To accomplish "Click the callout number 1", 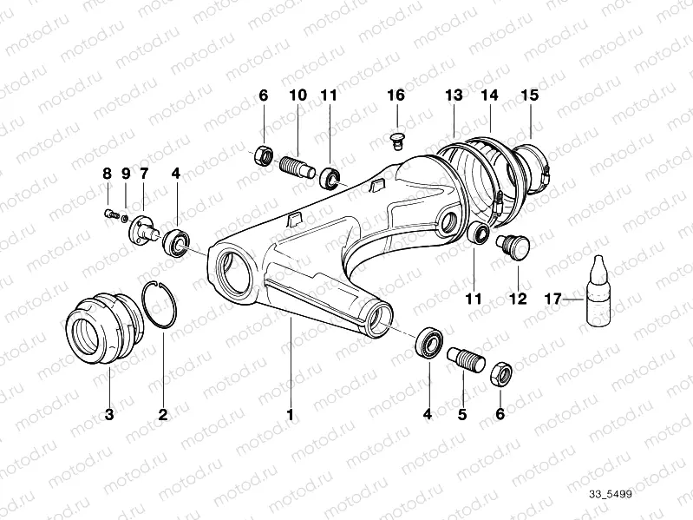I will [290, 415].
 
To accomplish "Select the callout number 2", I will [162, 415].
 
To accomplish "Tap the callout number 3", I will [109, 415].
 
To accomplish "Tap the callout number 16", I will [396, 95].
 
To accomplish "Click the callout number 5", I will [462, 415].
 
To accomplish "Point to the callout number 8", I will [108, 174].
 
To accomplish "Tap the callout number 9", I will [125, 174].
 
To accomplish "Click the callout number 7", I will [143, 174].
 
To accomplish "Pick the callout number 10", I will [297, 95].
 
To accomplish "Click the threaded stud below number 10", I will [297, 162].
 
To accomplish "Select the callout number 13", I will [454, 95].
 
